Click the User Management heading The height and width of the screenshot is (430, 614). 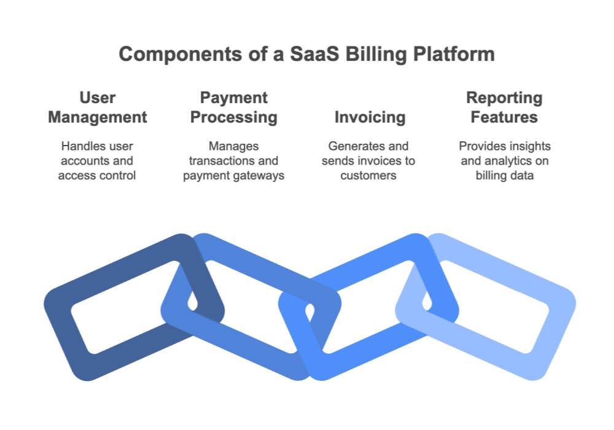(x=98, y=107)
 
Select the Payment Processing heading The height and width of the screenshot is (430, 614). (x=234, y=107)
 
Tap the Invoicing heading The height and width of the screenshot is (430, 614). (x=370, y=117)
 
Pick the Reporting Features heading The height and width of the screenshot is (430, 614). (x=505, y=107)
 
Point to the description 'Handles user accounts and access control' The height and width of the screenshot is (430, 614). (x=98, y=161)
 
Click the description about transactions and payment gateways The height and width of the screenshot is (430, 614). (x=234, y=161)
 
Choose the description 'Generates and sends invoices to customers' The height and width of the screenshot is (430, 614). (x=370, y=161)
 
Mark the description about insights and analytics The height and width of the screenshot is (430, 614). (x=505, y=161)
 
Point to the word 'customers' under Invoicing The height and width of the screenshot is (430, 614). (x=370, y=175)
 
